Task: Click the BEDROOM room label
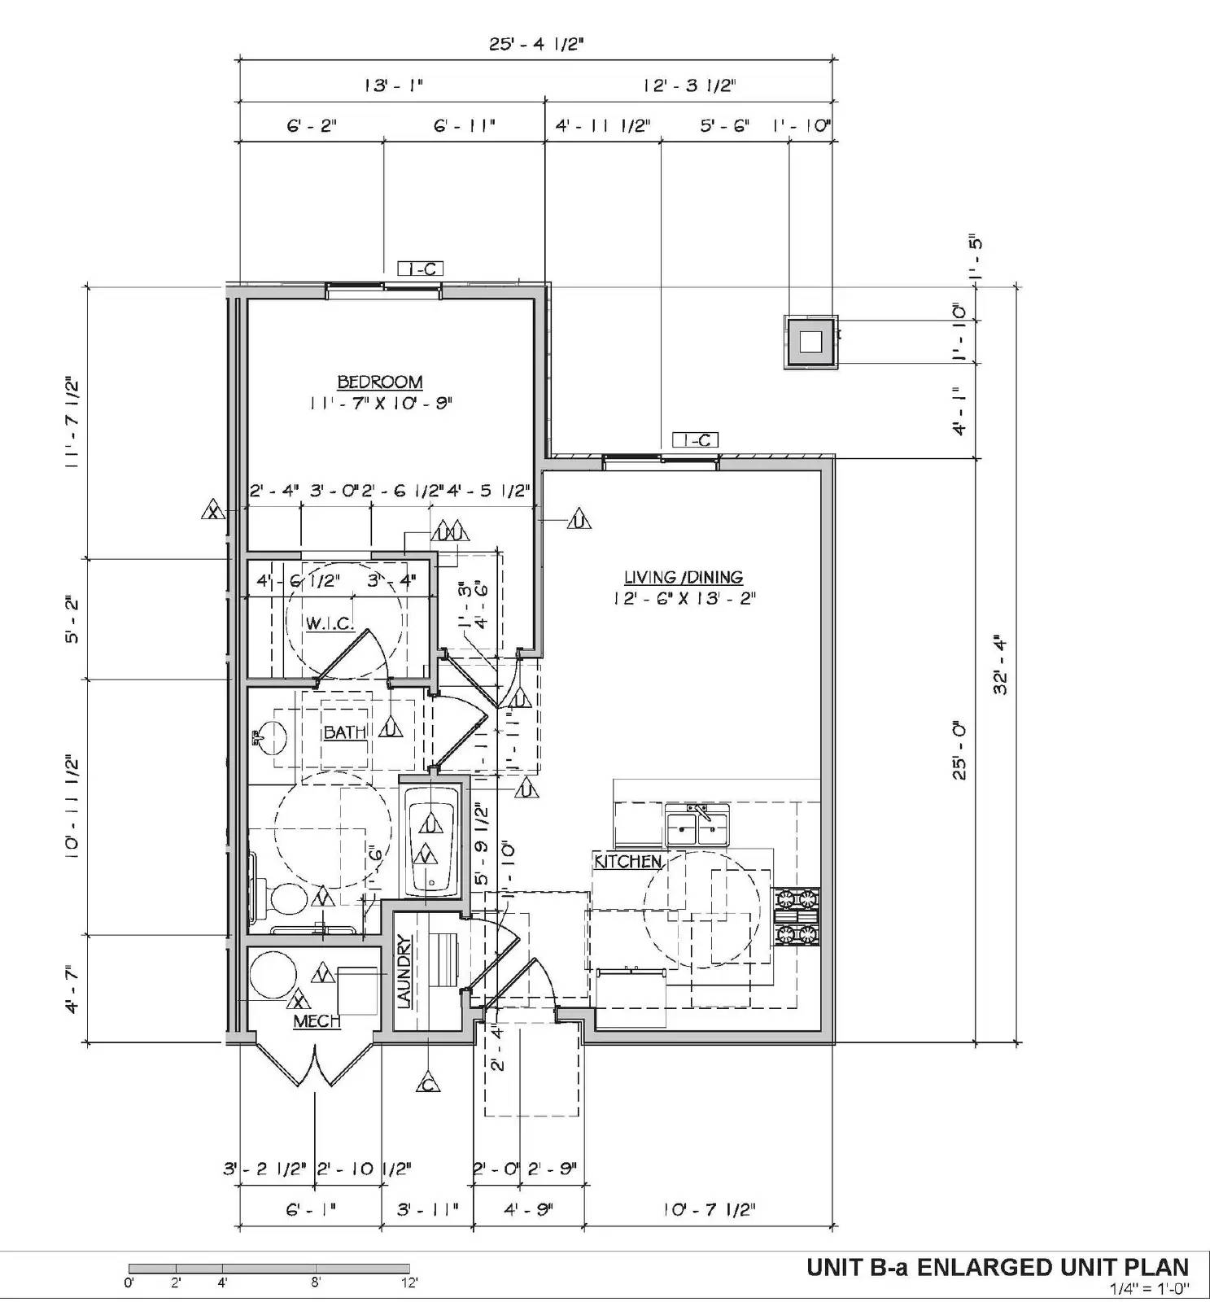(380, 382)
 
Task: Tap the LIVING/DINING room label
(684, 578)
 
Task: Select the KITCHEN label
(627, 861)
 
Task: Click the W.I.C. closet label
(330, 624)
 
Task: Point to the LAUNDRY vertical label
(404, 972)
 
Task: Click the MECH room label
(317, 1021)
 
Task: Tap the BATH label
(345, 732)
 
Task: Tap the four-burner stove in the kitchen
(797, 916)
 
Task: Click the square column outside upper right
(810, 342)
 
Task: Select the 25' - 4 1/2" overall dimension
(536, 44)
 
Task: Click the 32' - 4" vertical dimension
(1001, 663)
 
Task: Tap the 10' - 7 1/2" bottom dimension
(709, 1210)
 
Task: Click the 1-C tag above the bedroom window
(420, 269)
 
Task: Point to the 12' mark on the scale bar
(409, 1283)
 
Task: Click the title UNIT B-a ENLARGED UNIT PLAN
(997, 1267)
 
